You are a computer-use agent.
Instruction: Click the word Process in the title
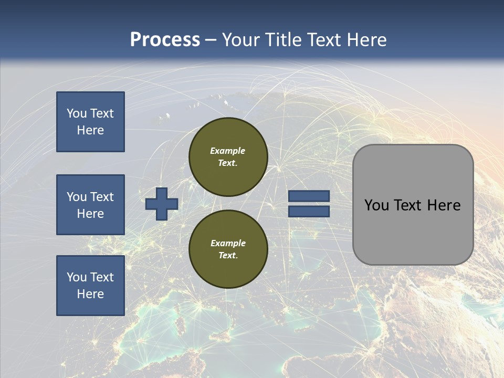165,40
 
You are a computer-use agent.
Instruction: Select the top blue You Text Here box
90,122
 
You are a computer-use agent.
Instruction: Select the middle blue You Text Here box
90,205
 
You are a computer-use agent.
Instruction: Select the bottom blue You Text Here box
90,286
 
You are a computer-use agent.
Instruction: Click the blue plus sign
162,204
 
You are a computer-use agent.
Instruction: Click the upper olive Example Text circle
228,157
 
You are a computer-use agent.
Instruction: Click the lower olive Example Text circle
228,249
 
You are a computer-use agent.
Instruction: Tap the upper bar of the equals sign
309,196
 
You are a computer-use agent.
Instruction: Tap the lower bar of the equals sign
309,212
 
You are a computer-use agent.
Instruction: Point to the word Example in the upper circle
228,151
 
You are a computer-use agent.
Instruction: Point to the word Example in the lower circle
228,243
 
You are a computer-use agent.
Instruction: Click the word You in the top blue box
77,113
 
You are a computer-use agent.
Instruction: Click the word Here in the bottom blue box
90,294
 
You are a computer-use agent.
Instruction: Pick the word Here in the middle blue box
90,214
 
